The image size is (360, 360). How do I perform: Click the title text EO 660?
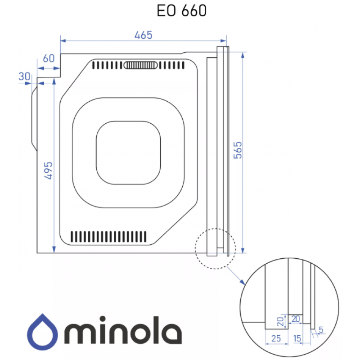point(181,10)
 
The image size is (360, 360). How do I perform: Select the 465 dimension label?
point(143,35)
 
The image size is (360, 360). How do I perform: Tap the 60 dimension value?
point(49,58)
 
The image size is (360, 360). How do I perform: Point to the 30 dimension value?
point(24,76)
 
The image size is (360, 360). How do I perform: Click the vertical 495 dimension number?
point(49,171)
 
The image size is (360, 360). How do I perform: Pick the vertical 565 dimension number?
point(238,150)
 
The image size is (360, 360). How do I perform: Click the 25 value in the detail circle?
point(276,338)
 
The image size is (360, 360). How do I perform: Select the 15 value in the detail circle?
point(297,338)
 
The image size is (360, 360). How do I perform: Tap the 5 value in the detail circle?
point(321,330)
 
